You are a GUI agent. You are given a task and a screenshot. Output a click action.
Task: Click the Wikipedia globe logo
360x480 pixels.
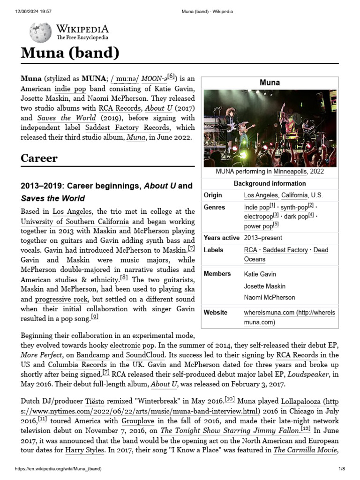[x=40, y=33]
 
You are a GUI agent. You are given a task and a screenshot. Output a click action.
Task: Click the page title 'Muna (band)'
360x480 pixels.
[x=70, y=53]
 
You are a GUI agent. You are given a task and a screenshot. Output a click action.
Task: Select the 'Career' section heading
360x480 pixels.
[x=39, y=158]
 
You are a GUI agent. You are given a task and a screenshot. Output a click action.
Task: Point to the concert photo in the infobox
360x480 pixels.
[x=270, y=128]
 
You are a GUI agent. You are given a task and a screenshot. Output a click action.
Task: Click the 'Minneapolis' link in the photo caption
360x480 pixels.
[x=291, y=172]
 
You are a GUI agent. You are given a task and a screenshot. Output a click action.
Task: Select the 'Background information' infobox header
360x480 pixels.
[x=270, y=183]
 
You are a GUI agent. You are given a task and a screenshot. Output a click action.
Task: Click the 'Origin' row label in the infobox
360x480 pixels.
[x=213, y=195]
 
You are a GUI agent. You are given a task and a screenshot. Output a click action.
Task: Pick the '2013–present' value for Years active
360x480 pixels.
[x=263, y=238]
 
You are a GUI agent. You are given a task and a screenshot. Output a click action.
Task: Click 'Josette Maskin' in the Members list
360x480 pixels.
[x=264, y=286]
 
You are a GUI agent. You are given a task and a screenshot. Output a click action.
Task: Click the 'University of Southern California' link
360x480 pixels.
[x=75, y=221]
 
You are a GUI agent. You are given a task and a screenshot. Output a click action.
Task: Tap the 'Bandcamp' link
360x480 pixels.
[x=93, y=355]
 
